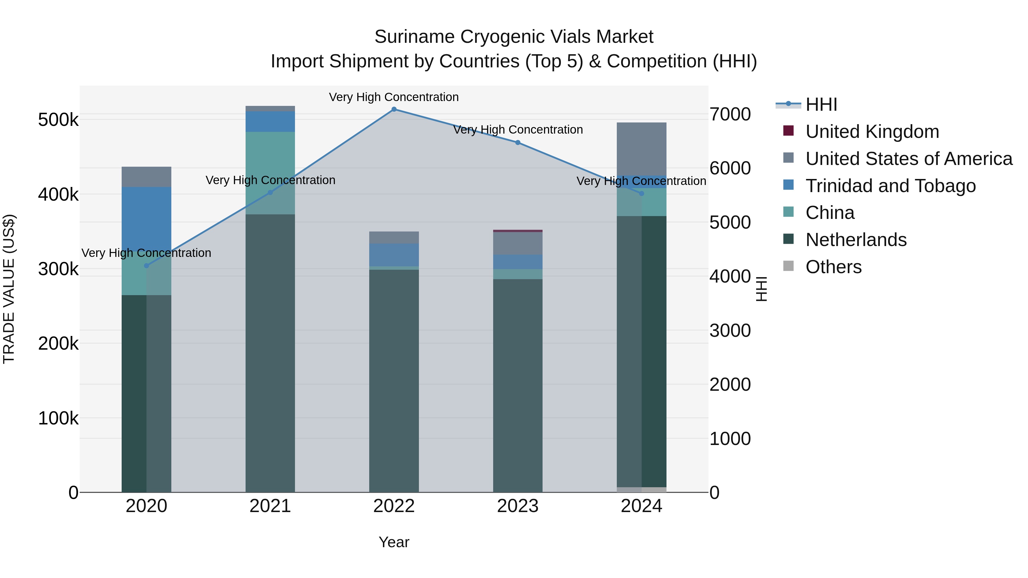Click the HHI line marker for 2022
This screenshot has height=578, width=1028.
pyautogui.click(x=393, y=109)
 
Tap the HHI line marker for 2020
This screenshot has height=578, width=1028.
pyautogui.click(x=146, y=266)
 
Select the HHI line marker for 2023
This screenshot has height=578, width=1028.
pyautogui.click(x=518, y=142)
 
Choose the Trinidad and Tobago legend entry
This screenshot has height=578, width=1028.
pyautogui.click(x=890, y=186)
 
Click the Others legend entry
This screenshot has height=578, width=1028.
pyautogui.click(x=833, y=267)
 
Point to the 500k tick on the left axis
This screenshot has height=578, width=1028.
pyautogui.click(x=58, y=120)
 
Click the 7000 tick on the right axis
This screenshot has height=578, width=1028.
pyautogui.click(x=730, y=114)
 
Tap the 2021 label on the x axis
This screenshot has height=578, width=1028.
pyautogui.click(x=270, y=506)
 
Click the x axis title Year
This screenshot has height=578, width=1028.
pyautogui.click(x=393, y=542)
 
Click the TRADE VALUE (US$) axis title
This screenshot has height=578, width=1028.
pyautogui.click(x=9, y=289)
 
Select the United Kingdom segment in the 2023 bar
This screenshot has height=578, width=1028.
pyautogui.click(x=518, y=231)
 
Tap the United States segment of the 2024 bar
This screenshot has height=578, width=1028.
pyautogui.click(x=641, y=149)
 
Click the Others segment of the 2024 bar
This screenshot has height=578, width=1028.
pyautogui.click(x=641, y=490)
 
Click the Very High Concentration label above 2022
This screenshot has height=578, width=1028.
pyautogui.click(x=393, y=97)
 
